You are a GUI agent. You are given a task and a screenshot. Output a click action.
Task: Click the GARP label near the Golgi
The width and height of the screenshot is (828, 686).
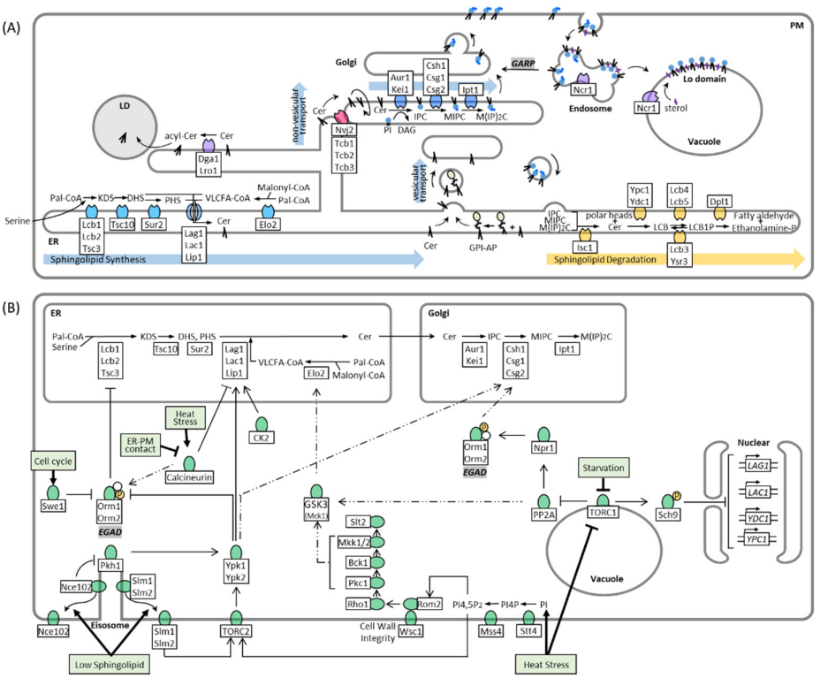[x=528, y=65]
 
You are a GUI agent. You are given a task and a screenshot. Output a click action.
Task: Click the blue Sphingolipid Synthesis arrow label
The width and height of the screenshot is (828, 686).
[x=96, y=260]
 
